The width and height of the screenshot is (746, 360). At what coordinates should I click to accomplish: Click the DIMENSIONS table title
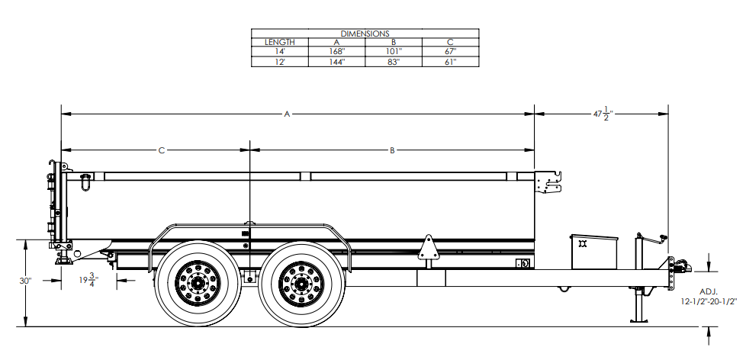tap(365, 34)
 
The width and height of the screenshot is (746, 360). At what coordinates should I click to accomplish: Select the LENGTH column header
tap(279, 43)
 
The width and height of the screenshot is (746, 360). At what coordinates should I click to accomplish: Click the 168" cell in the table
tap(336, 52)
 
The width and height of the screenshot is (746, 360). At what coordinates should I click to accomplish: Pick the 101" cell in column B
tap(394, 52)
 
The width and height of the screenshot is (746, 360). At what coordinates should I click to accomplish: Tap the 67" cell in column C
tap(450, 52)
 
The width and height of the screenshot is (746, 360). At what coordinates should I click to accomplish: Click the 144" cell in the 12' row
tap(336, 61)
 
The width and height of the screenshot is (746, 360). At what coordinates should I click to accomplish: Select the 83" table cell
tap(394, 61)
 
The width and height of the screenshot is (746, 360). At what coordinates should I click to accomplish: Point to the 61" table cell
tap(450, 61)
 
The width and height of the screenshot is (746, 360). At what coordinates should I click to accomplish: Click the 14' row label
tap(279, 52)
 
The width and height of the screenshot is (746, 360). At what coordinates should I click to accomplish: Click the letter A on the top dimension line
tap(288, 114)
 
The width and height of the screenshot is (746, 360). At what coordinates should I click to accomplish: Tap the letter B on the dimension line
tap(392, 151)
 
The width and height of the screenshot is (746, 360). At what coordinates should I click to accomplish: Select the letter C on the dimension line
tap(162, 151)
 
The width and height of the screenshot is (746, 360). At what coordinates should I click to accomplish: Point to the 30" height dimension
tap(25, 281)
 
